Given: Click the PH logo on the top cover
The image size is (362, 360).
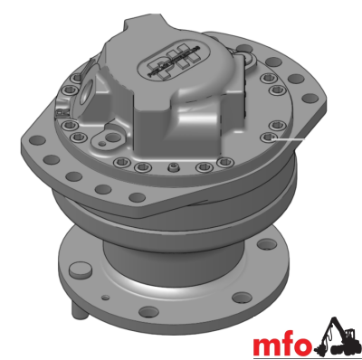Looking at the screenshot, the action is (169, 62).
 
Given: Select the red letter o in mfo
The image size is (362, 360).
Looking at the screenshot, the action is (302, 346).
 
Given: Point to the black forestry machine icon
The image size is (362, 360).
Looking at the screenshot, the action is (337, 337).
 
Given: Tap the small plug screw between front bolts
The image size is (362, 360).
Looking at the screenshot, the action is (173, 166).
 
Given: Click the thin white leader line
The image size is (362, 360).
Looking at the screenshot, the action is (289, 139).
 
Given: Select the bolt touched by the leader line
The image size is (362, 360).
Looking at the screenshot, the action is (268, 137).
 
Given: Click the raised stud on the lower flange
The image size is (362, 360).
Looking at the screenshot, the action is (79, 270).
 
